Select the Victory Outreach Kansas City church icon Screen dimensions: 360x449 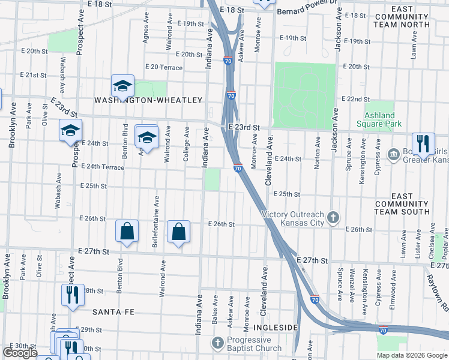pyautogui.click(x=334, y=215)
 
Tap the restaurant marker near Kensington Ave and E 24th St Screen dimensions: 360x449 pyautogui.click(x=423, y=145)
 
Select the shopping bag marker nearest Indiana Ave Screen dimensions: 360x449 pyautogui.click(x=179, y=232)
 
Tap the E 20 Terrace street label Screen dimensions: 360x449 pyautogui.click(x=163, y=67)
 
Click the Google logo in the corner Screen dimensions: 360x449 pyautogui.click(x=20, y=353)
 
